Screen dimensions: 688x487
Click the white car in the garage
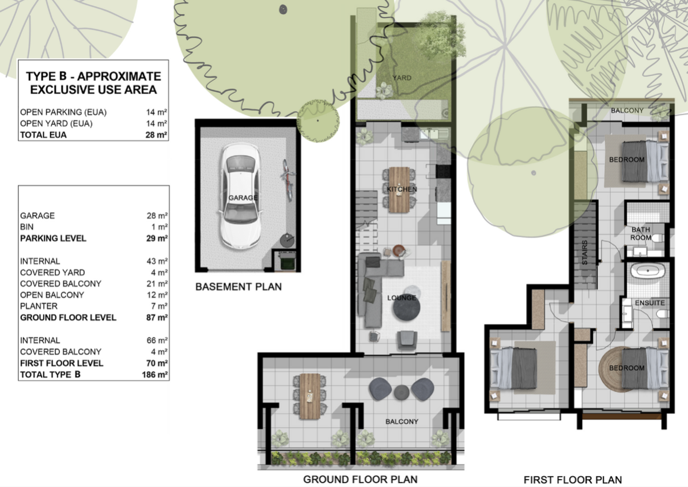tap(240, 196)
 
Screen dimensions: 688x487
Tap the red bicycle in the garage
tap(288, 179)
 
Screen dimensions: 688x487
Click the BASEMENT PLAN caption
tap(239, 287)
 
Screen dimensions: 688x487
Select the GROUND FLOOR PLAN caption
tap(360, 480)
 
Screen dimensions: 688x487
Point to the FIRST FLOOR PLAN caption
tap(573, 480)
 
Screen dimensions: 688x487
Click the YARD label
tap(402, 78)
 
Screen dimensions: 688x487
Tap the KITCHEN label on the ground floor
tap(402, 189)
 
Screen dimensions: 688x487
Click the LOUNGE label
tap(402, 298)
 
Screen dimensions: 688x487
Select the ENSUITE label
tap(650, 303)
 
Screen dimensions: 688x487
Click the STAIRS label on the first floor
tap(584, 252)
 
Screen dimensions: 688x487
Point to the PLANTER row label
tap(39, 306)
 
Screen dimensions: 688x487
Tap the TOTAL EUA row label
tap(43, 135)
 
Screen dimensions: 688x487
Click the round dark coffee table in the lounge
tap(406, 309)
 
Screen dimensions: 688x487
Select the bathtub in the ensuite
tap(648, 271)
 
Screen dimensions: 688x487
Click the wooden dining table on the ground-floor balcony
tap(310, 396)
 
